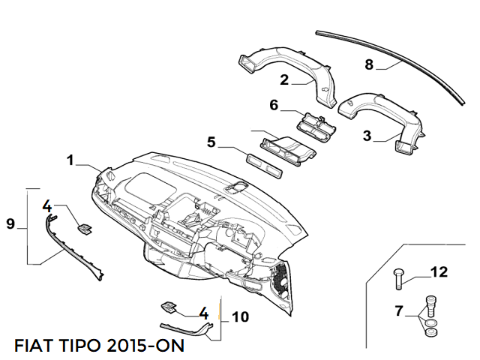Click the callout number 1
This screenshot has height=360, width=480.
pyautogui.click(x=70, y=160)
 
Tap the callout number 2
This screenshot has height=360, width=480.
pyautogui.click(x=284, y=79)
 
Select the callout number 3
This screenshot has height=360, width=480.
pyautogui.click(x=367, y=136)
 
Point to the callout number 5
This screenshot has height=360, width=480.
pyautogui.click(x=211, y=141)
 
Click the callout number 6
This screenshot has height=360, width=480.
pyautogui.click(x=274, y=106)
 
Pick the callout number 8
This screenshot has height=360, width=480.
pyautogui.click(x=369, y=64)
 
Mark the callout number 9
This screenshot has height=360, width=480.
pyautogui.click(x=10, y=223)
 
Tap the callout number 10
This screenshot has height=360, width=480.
pyautogui.click(x=240, y=317)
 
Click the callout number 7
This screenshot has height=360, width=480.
pyautogui.click(x=399, y=310)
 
